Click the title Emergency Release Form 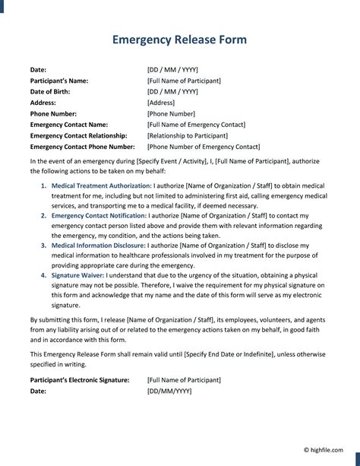click(x=179, y=40)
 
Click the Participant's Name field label click(x=59, y=81)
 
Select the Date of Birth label click(x=52, y=91)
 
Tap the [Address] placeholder click(x=161, y=103)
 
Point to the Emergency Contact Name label click(x=69, y=125)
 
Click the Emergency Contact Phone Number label click(x=82, y=147)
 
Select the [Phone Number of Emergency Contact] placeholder click(x=204, y=147)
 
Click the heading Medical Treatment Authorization click(x=102, y=185)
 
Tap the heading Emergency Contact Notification click(x=101, y=216)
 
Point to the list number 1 click(x=43, y=185)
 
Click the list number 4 click(x=43, y=276)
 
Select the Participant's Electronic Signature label click(x=80, y=379)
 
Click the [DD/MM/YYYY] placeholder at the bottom click(x=169, y=391)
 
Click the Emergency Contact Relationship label click(x=79, y=135)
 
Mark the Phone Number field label click(x=55, y=113)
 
